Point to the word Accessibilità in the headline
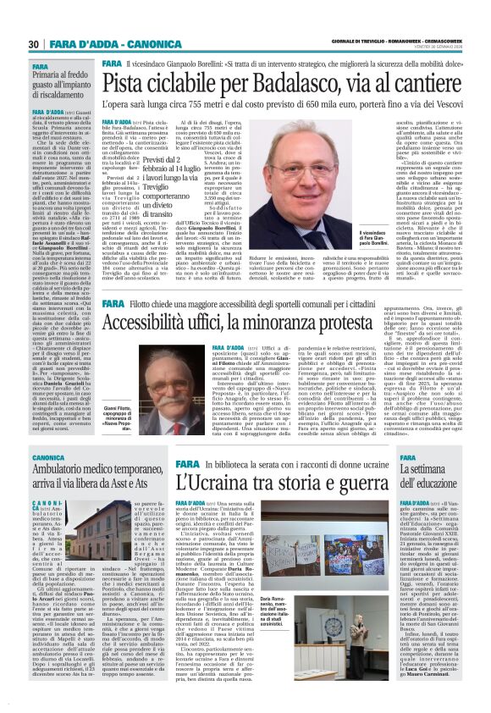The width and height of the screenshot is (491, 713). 159,326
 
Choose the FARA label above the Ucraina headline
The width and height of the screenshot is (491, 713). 164,464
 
